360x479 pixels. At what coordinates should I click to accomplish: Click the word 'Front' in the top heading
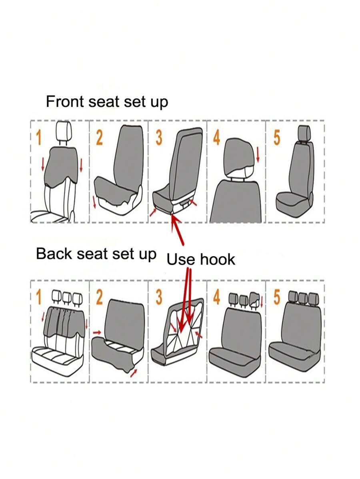pos(64,101)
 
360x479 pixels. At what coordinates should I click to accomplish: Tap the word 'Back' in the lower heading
pos(54,253)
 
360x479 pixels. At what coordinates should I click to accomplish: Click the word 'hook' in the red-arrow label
pos(218,259)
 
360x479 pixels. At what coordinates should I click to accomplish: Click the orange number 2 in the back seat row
pos(99,297)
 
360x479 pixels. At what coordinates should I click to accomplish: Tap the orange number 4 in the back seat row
pos(217,297)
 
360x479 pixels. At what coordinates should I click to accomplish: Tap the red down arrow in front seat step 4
pos(258,154)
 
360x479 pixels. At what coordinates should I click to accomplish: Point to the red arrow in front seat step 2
pos(94,202)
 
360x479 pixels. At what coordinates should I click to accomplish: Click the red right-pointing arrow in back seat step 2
pos(97,332)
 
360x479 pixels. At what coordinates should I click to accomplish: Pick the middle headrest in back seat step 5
pos(303,298)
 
